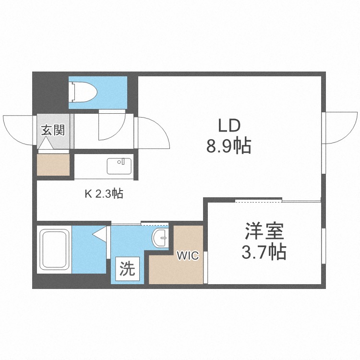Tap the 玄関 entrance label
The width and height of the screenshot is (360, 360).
pyautogui.click(x=52, y=130)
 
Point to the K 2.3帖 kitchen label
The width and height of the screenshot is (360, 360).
pyautogui.click(x=104, y=194)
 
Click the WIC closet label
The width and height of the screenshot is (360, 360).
pyautogui.click(x=187, y=255)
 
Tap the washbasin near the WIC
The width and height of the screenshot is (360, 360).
pyautogui.click(x=161, y=236)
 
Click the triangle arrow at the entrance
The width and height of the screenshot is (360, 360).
pyautogui.click(x=47, y=143)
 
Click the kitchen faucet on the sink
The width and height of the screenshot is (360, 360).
pyautogui.click(x=124, y=161)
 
